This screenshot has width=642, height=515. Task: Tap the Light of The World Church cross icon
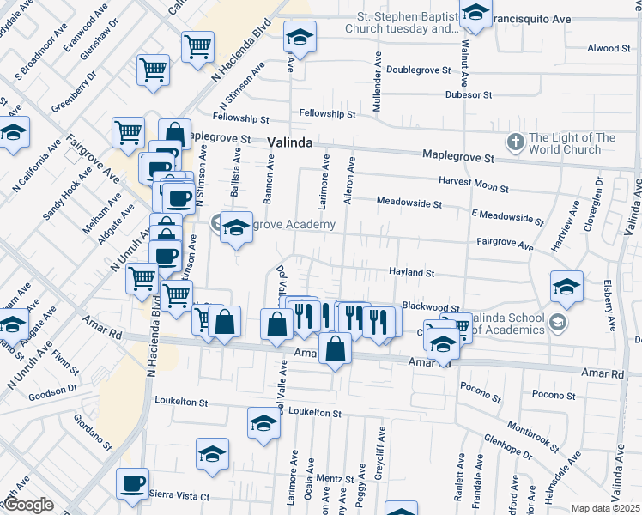tap(516, 141)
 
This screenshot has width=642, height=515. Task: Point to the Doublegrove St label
tap(419, 70)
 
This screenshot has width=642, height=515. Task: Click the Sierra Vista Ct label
tap(179, 495)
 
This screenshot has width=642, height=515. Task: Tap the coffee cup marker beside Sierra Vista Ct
tap(132, 484)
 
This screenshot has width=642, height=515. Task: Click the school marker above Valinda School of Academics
tap(566, 288)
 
